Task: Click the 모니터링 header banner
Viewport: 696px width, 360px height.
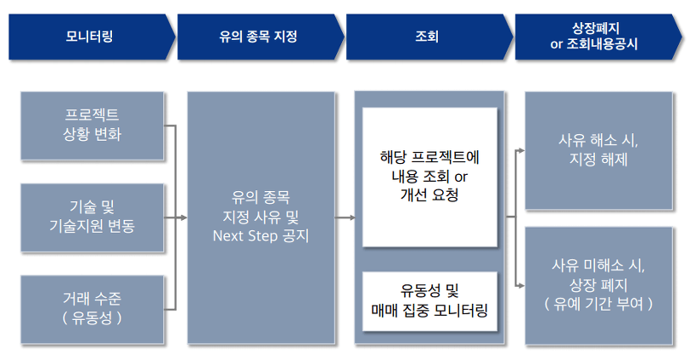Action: click(89, 37)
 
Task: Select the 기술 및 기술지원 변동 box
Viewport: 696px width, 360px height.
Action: click(92, 217)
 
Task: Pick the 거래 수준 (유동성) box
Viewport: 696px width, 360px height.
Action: click(92, 307)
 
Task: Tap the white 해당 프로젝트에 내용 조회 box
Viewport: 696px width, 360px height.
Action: click(429, 177)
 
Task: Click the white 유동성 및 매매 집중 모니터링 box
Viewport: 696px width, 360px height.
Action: click(429, 300)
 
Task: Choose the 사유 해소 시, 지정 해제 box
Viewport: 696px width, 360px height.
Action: click(598, 150)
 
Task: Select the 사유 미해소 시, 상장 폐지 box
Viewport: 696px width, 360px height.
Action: click(598, 284)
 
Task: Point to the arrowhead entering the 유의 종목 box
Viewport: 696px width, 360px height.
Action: click(182, 218)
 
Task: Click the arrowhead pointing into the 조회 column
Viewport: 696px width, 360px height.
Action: click(351, 218)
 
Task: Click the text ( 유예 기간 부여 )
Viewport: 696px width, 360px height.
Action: click(598, 303)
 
